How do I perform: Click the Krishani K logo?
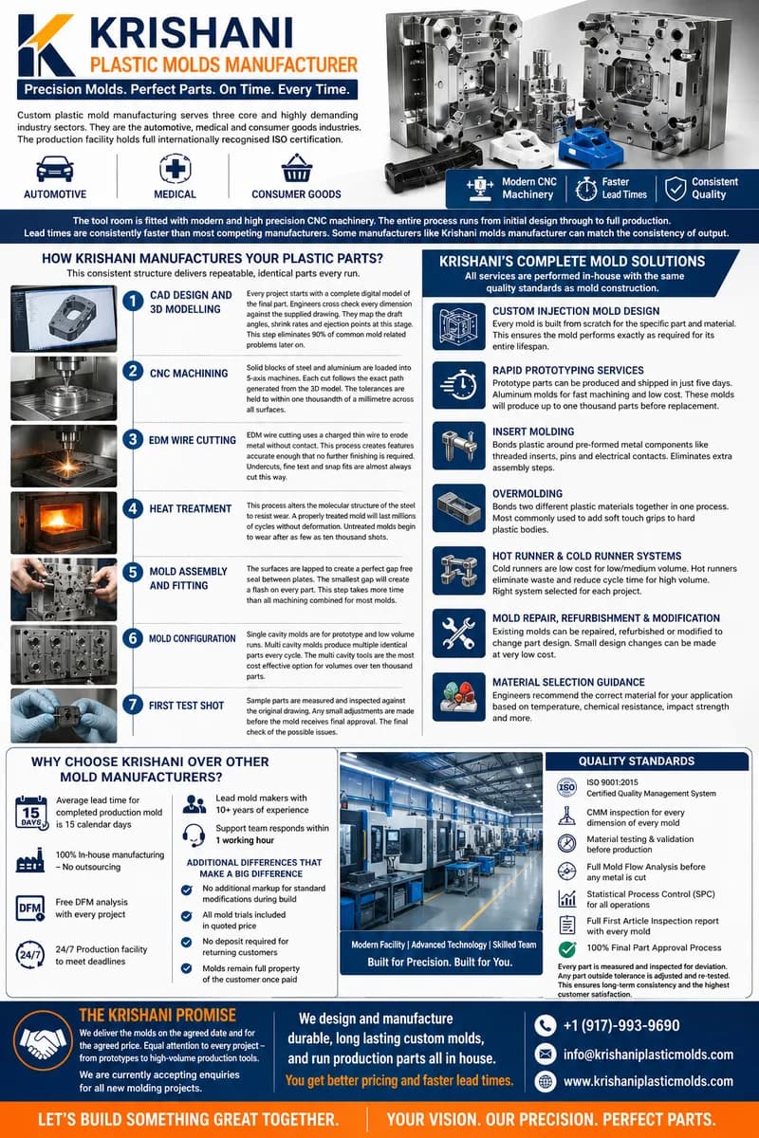pos(46,45)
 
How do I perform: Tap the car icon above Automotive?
pos(54,168)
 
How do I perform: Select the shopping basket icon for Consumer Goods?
pos(297,168)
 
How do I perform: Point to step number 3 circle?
pos(134,439)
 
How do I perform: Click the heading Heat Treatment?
pos(190,508)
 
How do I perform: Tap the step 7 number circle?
pos(134,706)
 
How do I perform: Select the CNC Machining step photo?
pos(64,382)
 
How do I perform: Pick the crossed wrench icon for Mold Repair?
pos(459,630)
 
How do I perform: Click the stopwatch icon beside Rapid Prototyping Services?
pos(459,383)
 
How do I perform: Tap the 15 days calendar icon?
pos(31,813)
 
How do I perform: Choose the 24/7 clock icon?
pos(31,954)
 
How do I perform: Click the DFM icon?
pos(31,908)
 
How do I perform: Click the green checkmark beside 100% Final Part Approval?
pos(567,948)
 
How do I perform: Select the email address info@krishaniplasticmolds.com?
pos(648,1054)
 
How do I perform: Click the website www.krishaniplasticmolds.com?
pos(648,1081)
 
